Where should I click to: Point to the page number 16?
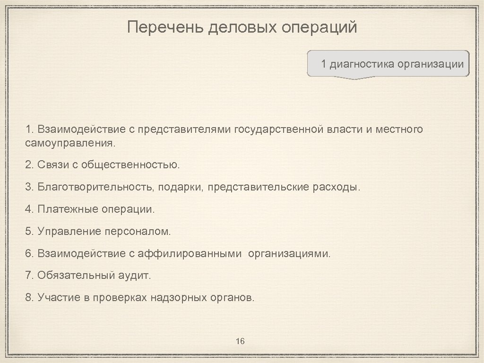click(x=240, y=341)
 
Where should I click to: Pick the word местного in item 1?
click(x=400, y=129)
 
